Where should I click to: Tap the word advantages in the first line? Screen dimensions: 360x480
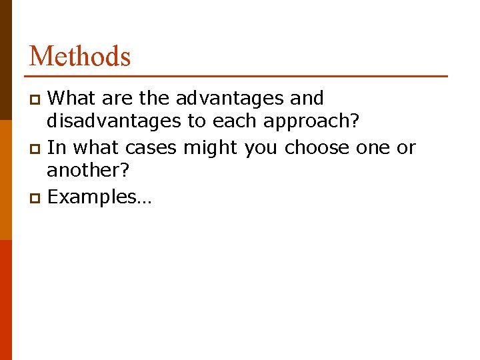click(230, 98)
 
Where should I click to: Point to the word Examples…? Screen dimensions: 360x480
click(100, 197)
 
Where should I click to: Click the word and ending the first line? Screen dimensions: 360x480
click(307, 98)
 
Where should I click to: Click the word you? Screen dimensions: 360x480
click(261, 147)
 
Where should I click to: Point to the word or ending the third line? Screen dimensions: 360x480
click(406, 147)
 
